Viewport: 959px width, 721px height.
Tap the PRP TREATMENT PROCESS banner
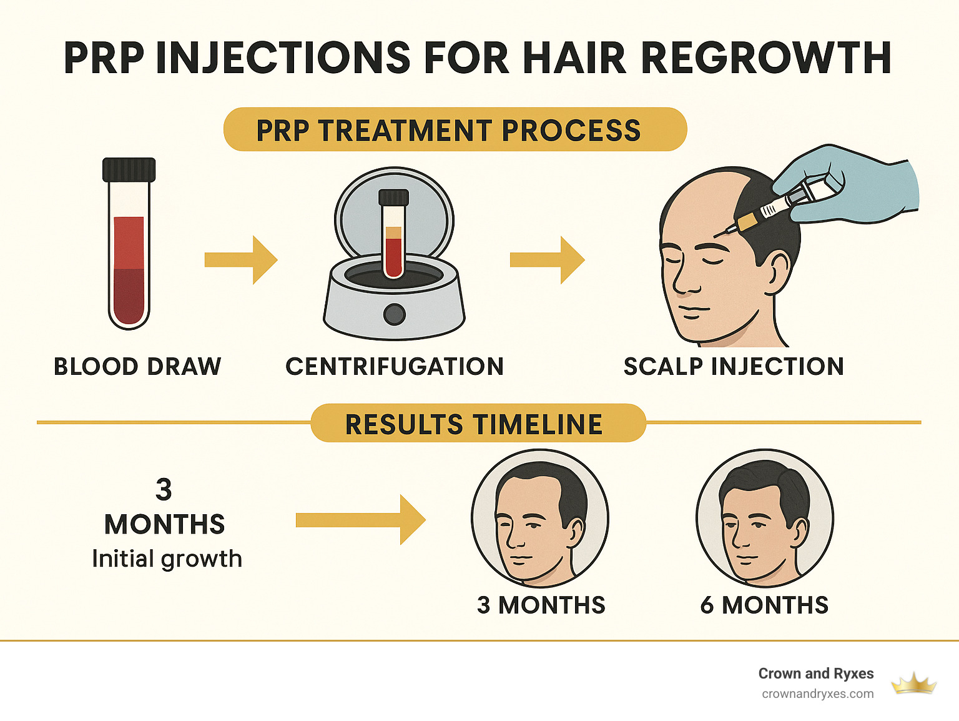[455, 130]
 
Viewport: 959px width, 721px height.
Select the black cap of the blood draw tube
[129, 169]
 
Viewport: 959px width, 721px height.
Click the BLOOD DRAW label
[137, 367]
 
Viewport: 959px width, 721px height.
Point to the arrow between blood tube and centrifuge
[241, 260]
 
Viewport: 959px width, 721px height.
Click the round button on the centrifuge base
[394, 314]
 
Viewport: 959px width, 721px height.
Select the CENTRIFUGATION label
[395, 367]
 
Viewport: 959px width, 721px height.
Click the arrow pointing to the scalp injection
[547, 260]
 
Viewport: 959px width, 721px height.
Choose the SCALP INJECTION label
[734, 367]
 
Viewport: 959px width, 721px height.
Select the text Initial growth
[167, 559]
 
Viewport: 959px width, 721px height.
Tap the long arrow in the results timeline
[360, 520]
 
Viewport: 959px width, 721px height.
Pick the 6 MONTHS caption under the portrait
[764, 605]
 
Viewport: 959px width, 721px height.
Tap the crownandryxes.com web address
[817, 694]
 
